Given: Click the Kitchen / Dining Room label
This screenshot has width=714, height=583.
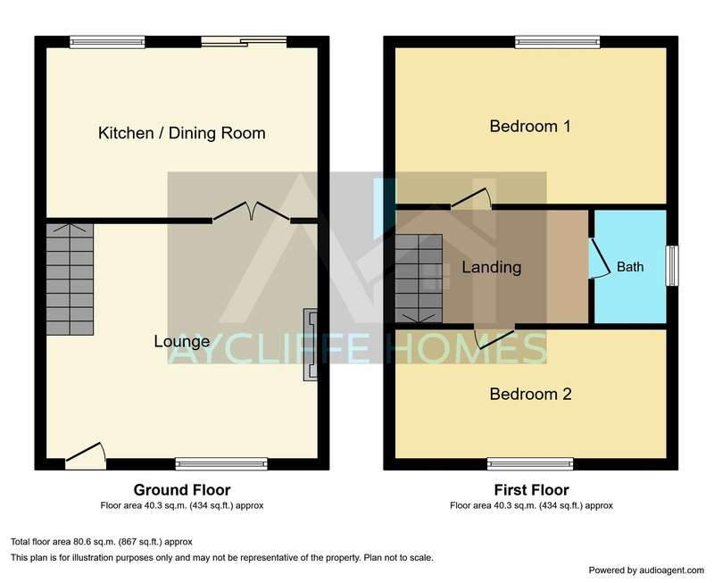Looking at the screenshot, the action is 182,133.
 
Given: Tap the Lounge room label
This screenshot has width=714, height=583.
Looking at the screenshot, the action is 182,341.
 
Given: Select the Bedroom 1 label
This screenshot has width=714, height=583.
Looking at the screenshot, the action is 530,126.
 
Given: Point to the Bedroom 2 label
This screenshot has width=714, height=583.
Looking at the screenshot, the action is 530,394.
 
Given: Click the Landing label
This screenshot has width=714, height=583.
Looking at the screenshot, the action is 492,267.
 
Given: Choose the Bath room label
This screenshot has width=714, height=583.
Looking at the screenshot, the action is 630,266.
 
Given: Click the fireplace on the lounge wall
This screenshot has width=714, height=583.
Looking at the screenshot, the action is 311,345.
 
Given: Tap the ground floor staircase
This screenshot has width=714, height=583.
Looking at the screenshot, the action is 70,279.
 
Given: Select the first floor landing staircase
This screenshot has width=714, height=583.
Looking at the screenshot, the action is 419,279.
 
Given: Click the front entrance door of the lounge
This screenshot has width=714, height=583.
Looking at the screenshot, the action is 86,455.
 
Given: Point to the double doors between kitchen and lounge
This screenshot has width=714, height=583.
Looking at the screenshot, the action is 252,211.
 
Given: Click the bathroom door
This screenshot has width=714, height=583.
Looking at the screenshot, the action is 600,258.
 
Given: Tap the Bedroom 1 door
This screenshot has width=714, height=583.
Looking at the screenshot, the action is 471,199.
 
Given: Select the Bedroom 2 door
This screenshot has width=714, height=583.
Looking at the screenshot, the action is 494,338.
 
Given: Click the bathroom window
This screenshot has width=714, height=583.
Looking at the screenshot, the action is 672,266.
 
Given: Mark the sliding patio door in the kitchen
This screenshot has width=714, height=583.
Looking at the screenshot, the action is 244,42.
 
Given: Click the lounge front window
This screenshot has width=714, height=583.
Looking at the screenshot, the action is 221,464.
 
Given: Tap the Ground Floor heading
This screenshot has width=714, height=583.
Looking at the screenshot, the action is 182,490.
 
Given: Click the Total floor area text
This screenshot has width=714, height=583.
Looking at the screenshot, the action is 102,542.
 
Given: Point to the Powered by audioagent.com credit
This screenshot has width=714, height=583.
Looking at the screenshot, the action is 646,571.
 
